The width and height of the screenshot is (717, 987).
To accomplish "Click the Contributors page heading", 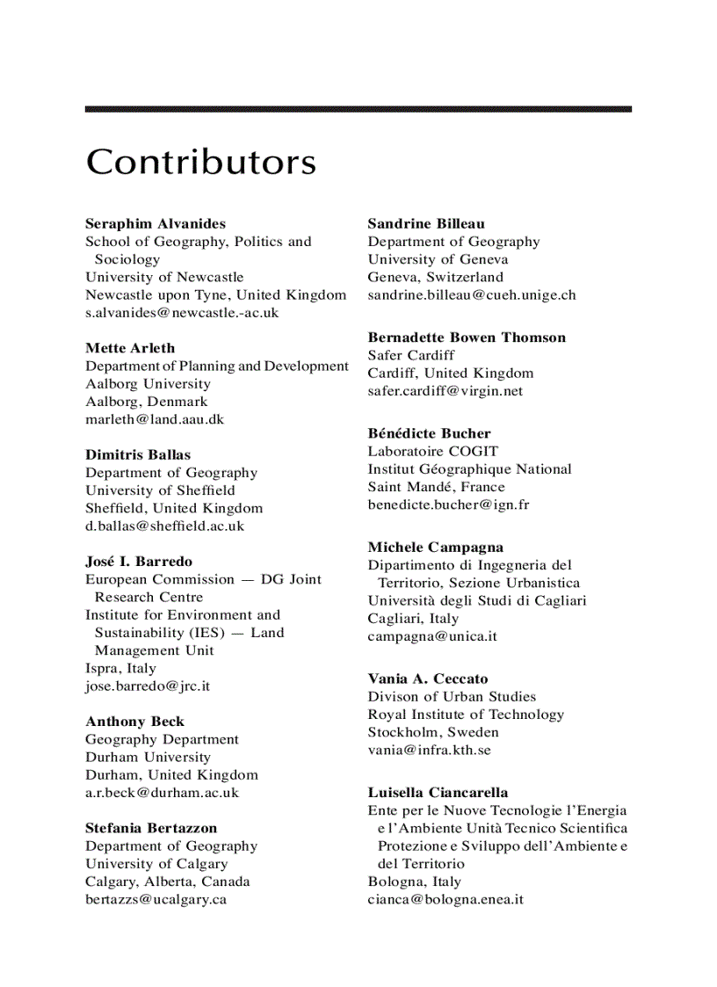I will tap(200, 163).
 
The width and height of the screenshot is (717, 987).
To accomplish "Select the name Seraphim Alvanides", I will tap(156, 223).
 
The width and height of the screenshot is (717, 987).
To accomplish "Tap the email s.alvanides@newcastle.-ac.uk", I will tap(182, 312).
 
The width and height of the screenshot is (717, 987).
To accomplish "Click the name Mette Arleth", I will tap(130, 348).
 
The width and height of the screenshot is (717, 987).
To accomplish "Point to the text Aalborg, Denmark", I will tap(147, 402).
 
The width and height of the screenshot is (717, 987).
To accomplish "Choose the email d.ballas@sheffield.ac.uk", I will tap(164, 526).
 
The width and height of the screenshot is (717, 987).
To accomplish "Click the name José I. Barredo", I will tap(139, 561).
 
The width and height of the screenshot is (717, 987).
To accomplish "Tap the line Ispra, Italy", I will tap(120, 668).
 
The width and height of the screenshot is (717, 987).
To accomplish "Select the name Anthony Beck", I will tap(134, 722).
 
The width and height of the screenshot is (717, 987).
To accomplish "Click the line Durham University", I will tap(148, 757).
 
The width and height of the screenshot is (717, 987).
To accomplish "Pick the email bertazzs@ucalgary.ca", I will tap(156, 899).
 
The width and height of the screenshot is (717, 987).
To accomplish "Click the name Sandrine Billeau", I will tap(426, 223).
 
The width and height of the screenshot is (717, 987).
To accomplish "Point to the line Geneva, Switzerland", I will tap(436, 277).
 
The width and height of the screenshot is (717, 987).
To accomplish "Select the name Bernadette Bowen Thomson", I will tap(467, 337).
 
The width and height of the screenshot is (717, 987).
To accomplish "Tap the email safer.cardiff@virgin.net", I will tap(445, 390).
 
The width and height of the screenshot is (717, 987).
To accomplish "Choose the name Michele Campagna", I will tap(436, 547).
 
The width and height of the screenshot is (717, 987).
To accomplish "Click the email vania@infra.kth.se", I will tap(429, 750).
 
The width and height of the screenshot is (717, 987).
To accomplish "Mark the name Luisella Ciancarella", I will tap(438, 792).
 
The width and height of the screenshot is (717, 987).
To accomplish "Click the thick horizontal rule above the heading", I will tap(358, 109).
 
